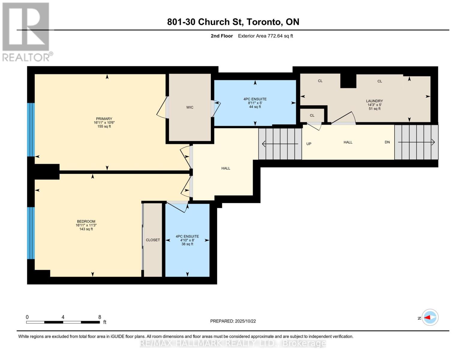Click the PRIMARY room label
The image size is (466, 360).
(x=104, y=119)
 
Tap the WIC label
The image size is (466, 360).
(x=190, y=107)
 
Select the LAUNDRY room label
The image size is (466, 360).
(x=374, y=101)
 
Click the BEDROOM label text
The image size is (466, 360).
(x=86, y=221)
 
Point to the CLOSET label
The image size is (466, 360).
(x=153, y=240)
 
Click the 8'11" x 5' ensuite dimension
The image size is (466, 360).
(x=255, y=103)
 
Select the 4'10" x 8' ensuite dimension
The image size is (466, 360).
(x=187, y=240)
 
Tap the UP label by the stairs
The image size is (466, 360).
(x=309, y=144)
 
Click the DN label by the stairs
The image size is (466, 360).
(x=387, y=142)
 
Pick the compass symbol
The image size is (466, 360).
(x=430, y=317)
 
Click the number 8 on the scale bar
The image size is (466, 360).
(x=100, y=317)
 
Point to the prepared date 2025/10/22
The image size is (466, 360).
(x=245, y=321)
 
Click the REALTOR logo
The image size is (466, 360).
(x=26, y=32)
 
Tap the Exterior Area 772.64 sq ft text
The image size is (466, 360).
(x=265, y=36)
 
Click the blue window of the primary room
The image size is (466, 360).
(x=31, y=130)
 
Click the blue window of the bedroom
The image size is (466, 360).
(x=31, y=233)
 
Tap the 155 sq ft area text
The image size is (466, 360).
(x=104, y=127)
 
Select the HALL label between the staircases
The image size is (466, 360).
(x=348, y=142)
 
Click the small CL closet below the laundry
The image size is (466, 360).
(x=312, y=115)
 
